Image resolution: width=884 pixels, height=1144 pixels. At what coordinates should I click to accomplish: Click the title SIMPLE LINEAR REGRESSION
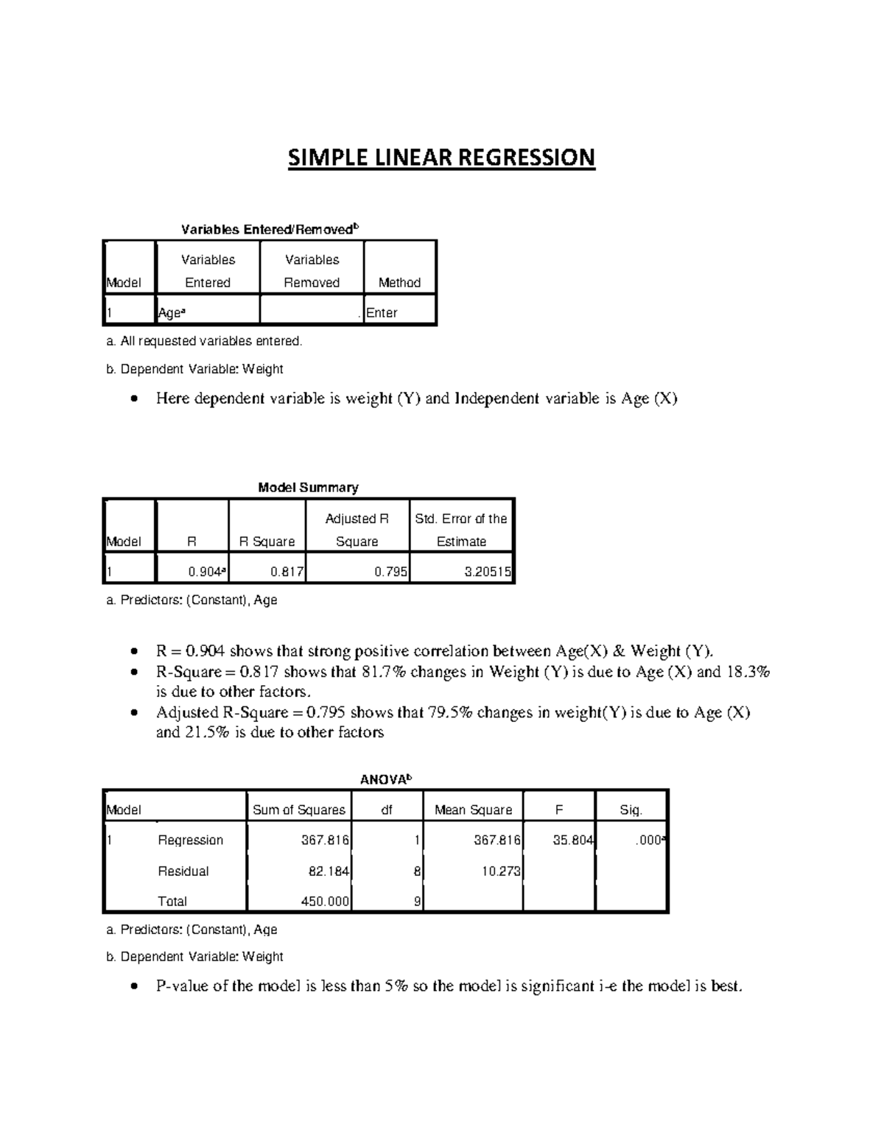click(441, 158)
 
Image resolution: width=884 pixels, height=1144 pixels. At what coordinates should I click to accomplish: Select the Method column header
click(399, 283)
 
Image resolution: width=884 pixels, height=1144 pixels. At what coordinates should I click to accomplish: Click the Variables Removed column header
click(312, 271)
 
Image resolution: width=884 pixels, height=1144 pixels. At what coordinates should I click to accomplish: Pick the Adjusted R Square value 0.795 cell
click(390, 571)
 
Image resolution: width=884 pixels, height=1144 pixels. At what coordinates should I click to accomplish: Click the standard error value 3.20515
click(488, 571)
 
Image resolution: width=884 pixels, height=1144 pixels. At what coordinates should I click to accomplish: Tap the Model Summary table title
click(308, 488)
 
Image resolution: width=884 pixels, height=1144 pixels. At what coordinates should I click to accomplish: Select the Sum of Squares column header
click(298, 810)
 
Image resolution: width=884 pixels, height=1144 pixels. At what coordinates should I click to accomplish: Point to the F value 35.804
click(573, 841)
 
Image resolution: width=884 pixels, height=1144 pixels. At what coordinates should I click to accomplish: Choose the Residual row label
click(183, 871)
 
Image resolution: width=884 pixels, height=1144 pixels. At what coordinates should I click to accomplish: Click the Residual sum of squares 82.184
click(329, 871)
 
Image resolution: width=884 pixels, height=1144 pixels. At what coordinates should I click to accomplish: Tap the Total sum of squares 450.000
click(326, 902)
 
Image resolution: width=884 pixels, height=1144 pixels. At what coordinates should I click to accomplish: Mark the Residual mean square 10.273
click(501, 871)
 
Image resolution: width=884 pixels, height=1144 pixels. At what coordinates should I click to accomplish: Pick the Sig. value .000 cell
click(649, 841)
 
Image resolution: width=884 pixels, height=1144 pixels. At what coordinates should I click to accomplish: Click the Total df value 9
click(418, 902)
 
